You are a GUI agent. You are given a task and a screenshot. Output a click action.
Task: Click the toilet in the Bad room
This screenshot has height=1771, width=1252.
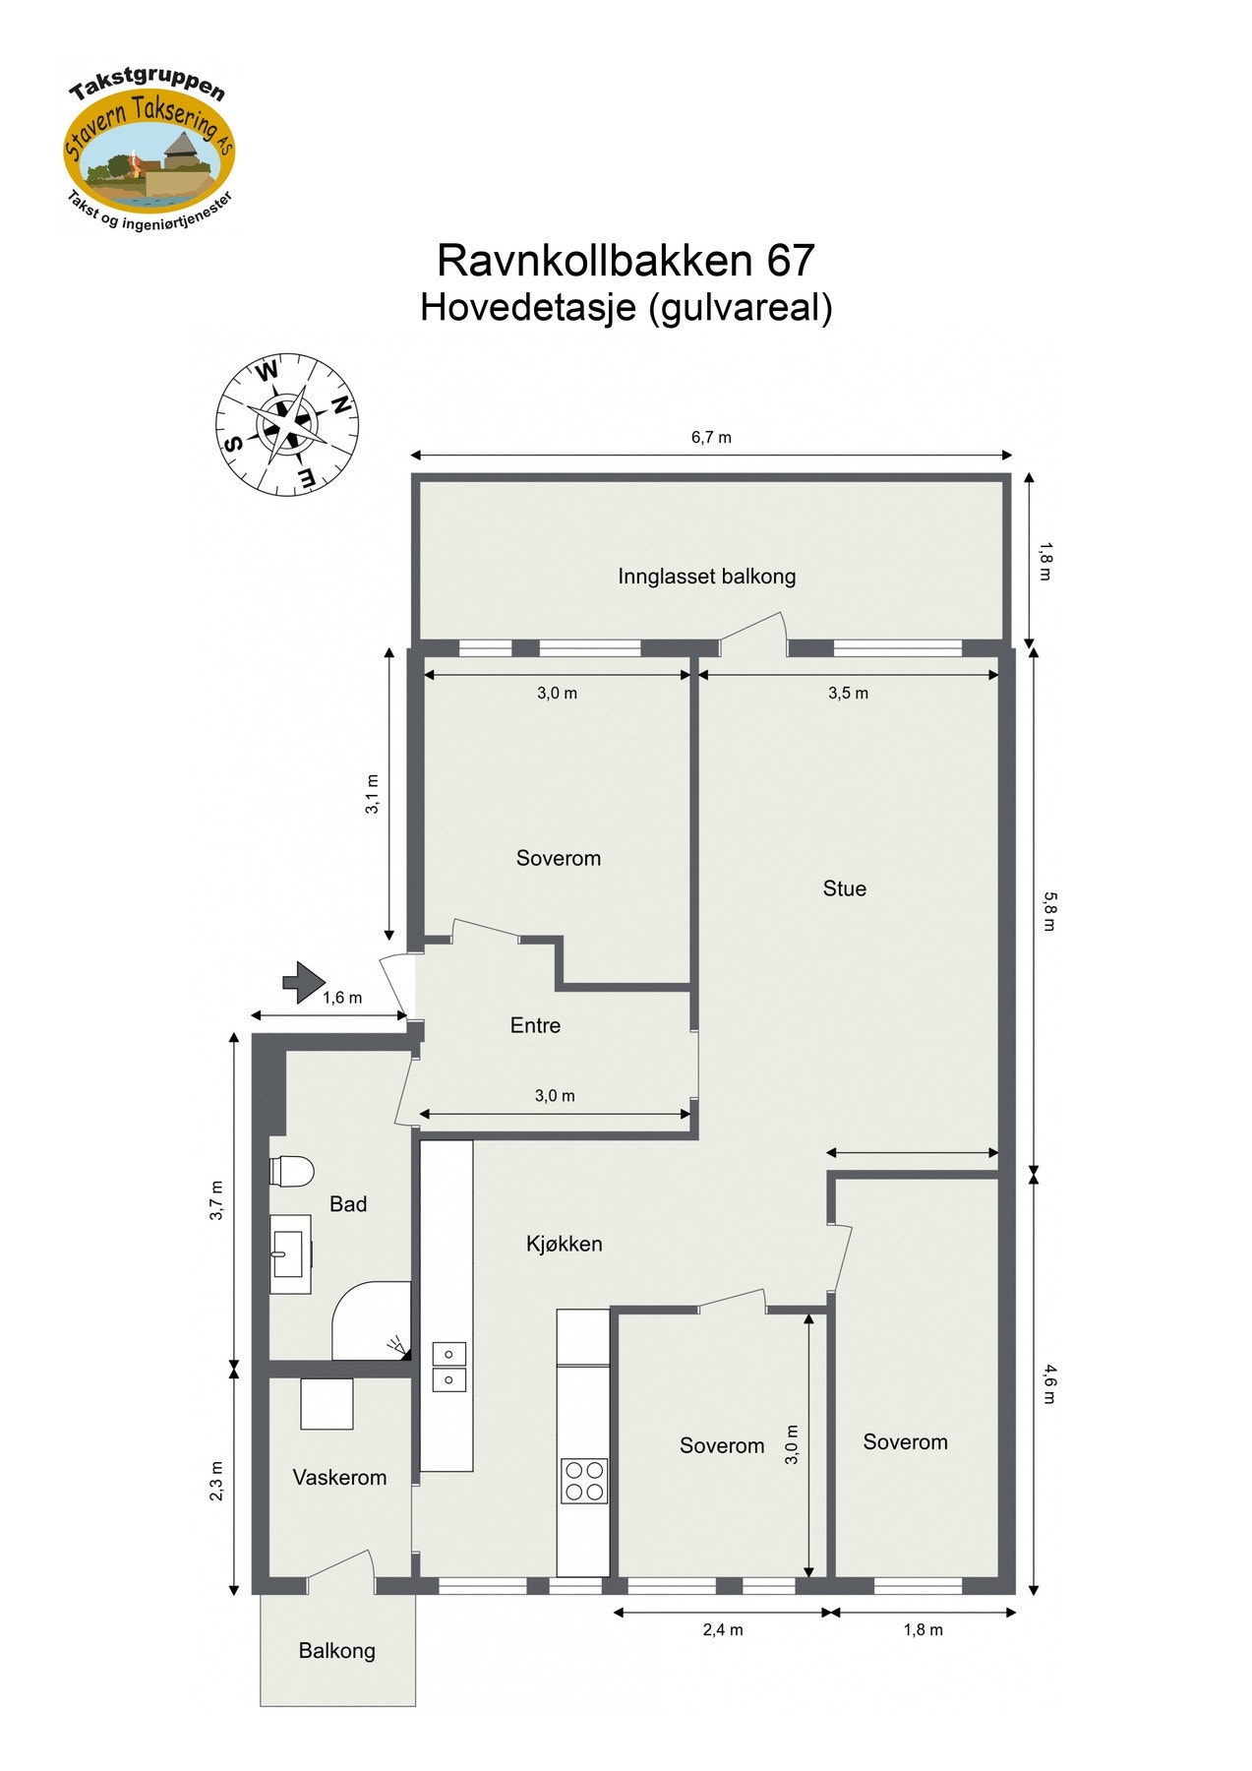pyautogui.click(x=292, y=1171)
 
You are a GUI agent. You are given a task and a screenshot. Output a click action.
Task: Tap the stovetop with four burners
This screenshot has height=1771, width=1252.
pyautogui.click(x=583, y=1481)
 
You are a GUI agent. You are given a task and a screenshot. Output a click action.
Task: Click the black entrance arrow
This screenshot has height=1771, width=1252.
pyautogui.click(x=304, y=982)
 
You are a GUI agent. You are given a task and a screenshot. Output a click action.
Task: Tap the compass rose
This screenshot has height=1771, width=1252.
pyautogui.click(x=286, y=424)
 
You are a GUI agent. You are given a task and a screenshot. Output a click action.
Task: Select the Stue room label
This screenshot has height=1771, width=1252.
pyautogui.click(x=844, y=888)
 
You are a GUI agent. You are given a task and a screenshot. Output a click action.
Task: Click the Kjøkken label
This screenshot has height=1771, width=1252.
pyautogui.click(x=564, y=1244)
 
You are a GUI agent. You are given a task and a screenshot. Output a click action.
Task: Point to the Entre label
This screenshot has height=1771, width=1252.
pyautogui.click(x=535, y=1025)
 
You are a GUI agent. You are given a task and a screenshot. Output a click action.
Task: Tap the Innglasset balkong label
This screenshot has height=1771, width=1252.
pyautogui.click(x=706, y=577)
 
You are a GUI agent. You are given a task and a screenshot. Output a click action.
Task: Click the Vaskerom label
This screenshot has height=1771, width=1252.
pyautogui.click(x=339, y=1477)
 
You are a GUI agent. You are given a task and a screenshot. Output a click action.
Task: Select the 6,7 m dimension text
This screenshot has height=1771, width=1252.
pyautogui.click(x=711, y=437)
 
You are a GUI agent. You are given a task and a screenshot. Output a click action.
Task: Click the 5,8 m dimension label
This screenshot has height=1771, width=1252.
pyautogui.click(x=1048, y=910)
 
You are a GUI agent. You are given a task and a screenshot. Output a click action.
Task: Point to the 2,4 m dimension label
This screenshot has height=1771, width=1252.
pyautogui.click(x=723, y=1630)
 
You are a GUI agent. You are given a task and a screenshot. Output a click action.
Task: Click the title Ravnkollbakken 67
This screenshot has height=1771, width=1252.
pyautogui.click(x=626, y=261)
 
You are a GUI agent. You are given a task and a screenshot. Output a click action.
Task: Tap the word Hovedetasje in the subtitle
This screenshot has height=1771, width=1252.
pyautogui.click(x=528, y=308)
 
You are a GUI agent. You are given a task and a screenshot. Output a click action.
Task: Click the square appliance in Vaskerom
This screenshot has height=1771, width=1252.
pyautogui.click(x=327, y=1404)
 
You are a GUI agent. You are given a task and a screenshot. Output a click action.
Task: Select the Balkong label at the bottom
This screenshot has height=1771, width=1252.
pyautogui.click(x=336, y=1651)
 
